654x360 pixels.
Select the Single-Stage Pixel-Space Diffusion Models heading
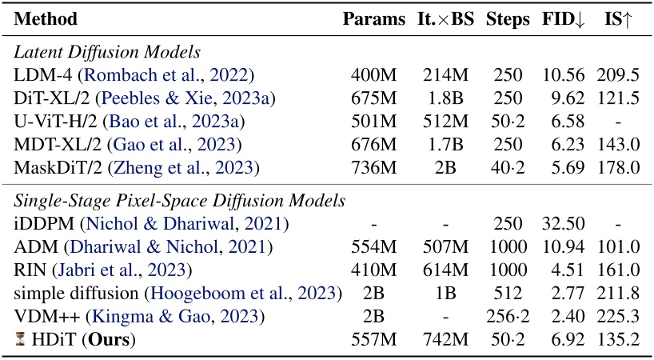[180, 200]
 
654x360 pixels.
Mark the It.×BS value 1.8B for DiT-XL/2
[445, 98]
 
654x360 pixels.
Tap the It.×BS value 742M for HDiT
[445, 339]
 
